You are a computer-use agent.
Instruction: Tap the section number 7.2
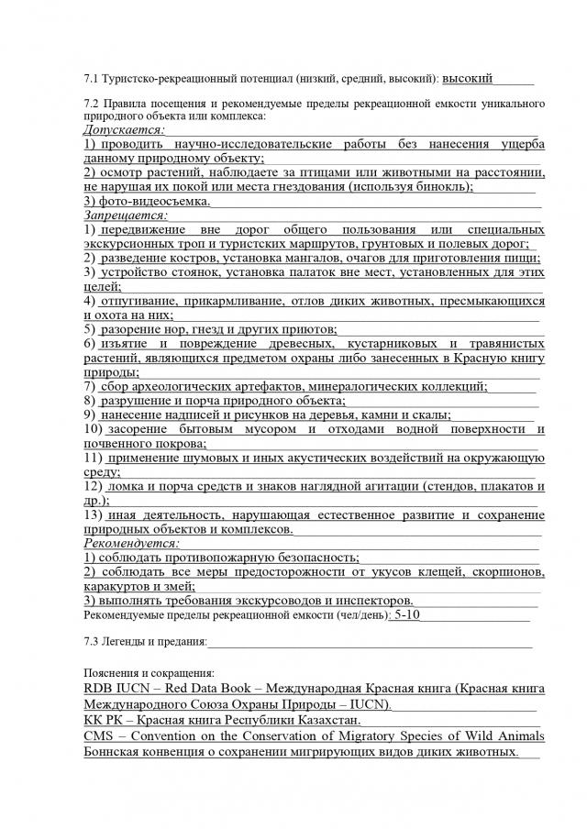tap(92, 103)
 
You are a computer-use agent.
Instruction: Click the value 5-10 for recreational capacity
tap(404, 615)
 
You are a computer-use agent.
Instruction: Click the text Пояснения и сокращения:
tap(148, 672)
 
